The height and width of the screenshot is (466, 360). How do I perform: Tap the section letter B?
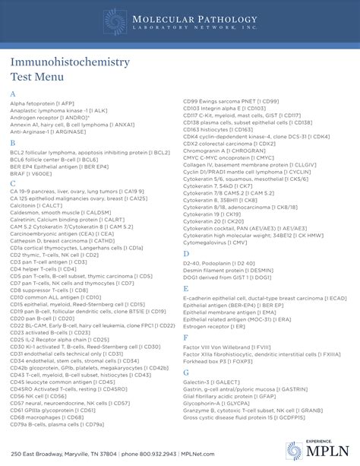13,142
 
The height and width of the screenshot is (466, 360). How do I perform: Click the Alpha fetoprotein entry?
43,103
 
